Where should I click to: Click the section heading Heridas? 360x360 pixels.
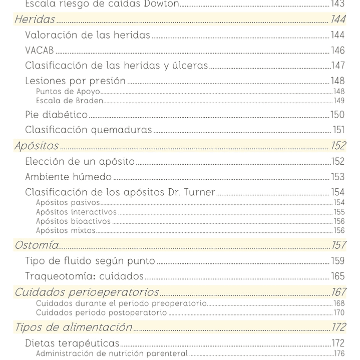point(35,20)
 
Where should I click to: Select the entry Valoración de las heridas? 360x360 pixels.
point(88,35)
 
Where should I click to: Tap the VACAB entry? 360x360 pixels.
point(39,51)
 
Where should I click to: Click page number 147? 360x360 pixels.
point(337,66)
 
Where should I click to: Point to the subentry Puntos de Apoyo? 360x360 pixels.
point(68,92)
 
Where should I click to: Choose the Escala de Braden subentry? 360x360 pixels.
point(69,101)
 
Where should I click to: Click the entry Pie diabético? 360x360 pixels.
point(56,115)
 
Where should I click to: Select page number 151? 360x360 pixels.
point(338,130)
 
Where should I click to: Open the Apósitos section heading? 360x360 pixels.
point(36,146)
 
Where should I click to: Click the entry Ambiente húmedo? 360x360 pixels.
point(68,177)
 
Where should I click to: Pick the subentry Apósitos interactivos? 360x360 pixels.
point(76,212)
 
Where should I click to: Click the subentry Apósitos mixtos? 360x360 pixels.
point(66,231)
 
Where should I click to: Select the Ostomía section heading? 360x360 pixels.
point(36,245)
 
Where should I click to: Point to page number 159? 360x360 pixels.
point(337,261)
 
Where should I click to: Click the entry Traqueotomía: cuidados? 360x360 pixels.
point(84,276)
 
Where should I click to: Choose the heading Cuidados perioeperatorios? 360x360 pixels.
point(87,292)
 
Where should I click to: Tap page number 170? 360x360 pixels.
point(339,313)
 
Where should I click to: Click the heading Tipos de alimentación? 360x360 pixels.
point(73,327)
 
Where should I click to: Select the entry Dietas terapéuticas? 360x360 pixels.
point(72,343)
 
